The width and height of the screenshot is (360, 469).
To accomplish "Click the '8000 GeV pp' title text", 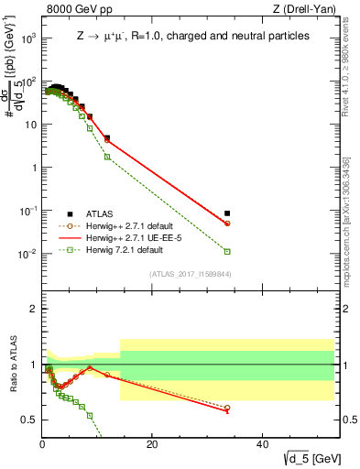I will pos(75,10).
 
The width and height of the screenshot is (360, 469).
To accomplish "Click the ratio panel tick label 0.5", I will pos(28,420).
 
